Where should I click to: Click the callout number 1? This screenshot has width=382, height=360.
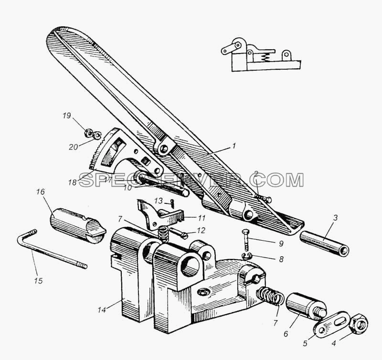[x=233, y=146]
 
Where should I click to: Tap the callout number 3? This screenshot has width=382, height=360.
[x=335, y=218]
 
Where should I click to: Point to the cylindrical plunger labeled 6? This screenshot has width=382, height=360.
[x=306, y=307]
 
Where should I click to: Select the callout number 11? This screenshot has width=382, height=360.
[x=202, y=218]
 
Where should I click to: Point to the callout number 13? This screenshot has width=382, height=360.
[x=159, y=201]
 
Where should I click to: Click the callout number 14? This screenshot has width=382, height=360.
[x=102, y=310]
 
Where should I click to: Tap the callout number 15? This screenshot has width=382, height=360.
[x=39, y=281]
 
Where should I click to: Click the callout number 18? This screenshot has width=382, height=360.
[x=73, y=182]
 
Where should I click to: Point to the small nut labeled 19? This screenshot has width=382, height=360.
[x=88, y=133]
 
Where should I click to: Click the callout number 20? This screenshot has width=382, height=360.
[x=74, y=147]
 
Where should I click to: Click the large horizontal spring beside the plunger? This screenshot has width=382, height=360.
[x=271, y=296]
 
